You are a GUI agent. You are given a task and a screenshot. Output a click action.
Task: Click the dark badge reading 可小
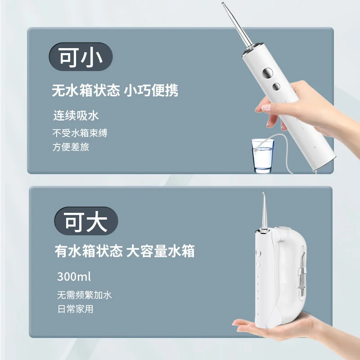pos(80,58)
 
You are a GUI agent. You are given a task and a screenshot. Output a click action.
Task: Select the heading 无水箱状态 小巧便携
pos(115,90)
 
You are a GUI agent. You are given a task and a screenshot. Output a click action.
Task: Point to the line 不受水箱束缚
pos(80,133)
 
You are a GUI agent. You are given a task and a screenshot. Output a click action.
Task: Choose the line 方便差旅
pos(71,147)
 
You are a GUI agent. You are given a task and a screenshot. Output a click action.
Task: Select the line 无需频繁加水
pos(84,296)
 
